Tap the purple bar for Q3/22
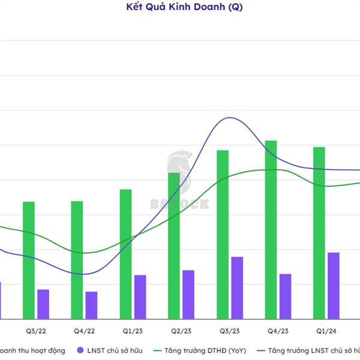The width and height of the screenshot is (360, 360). pos(43,304)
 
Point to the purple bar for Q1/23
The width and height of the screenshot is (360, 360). pos(140,297)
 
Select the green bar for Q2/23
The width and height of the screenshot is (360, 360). pos(174,245)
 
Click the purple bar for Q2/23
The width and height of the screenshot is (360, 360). pos(188,295)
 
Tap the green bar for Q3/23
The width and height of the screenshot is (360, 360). pos(223,234)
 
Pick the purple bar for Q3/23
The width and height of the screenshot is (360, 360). pos(237,288)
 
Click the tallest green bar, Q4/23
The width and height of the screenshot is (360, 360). pos(271,229)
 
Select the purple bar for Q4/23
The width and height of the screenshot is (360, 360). pos(285,296)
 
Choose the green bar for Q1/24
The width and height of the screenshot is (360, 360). pos(319,233)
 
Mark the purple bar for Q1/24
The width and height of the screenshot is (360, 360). pos(334,286)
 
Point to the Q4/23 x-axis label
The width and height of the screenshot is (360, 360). pos(278,331)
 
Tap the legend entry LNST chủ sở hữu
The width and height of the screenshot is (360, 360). pos(112,350)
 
